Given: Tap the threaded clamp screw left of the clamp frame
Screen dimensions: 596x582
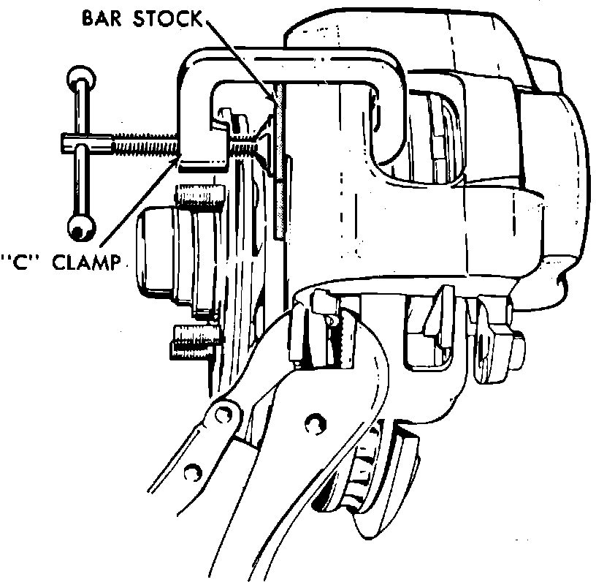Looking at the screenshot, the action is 146,147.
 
